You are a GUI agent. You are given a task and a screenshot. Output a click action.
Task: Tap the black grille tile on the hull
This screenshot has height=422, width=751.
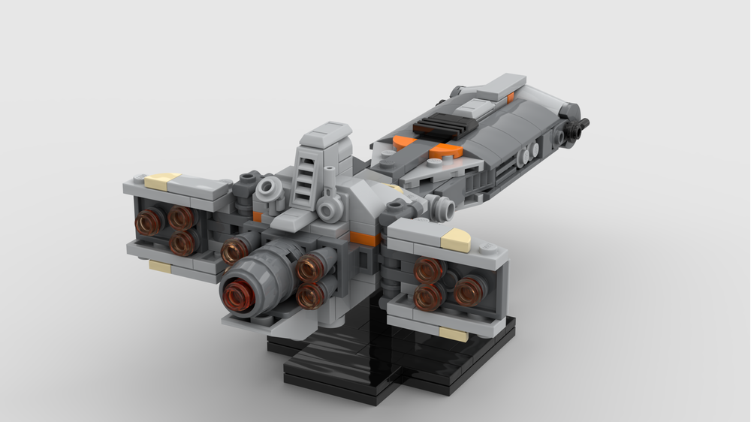pos(442,125)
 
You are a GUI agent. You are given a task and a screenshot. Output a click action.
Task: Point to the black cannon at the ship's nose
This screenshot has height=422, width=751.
pos(578,126)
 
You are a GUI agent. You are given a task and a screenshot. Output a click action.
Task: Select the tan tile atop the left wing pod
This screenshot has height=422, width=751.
pos(162,181)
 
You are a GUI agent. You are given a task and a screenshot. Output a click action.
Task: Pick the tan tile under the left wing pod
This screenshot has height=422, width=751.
pos(160,266)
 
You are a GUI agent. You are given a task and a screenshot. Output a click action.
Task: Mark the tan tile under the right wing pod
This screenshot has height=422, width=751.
pos(453,333)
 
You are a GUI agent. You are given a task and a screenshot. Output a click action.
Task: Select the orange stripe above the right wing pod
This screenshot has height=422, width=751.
pos(363,240)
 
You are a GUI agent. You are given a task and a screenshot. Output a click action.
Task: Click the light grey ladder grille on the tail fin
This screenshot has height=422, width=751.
pos(303,181)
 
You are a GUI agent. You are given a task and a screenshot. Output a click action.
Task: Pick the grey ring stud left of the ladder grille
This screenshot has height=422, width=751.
pos(267,188)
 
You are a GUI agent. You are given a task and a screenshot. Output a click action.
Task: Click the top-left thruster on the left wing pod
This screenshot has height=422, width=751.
pos(149,222)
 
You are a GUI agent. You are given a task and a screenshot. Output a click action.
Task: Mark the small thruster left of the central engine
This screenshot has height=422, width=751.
pos(234,251)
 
